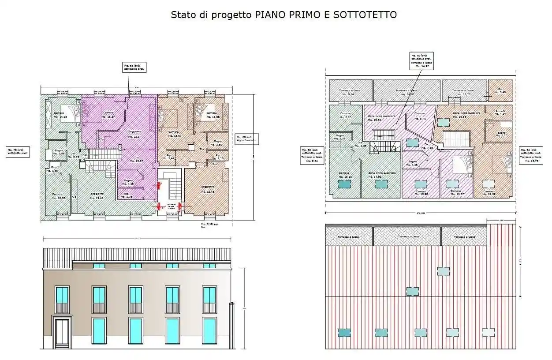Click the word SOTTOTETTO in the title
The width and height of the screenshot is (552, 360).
tap(365, 15)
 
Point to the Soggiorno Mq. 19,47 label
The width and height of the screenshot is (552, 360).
tap(97, 195)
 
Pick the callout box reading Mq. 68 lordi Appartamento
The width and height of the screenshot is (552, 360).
tap(247, 139)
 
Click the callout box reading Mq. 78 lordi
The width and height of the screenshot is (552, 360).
tap(18, 152)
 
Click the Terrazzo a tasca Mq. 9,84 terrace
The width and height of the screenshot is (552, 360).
tap(347, 92)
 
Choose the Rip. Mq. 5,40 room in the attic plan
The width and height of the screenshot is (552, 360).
tap(500, 90)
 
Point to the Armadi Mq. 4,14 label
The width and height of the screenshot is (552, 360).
tap(500, 112)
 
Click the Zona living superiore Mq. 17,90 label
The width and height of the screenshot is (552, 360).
tap(382, 175)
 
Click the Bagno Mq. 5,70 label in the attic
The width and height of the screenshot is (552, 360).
tap(502, 134)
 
